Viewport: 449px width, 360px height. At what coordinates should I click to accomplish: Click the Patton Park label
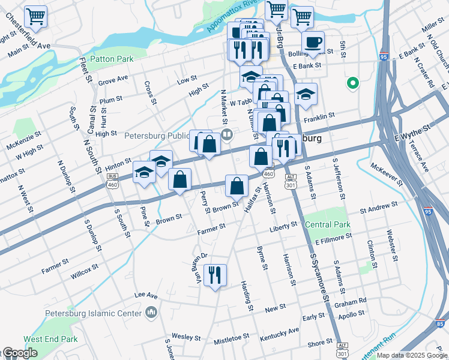(112, 59)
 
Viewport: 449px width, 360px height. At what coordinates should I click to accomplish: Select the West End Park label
(51, 339)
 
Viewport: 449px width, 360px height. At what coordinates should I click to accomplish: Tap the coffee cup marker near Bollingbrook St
(312, 43)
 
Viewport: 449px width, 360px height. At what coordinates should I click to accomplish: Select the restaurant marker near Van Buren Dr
(215, 275)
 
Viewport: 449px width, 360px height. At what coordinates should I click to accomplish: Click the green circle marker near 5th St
(353, 83)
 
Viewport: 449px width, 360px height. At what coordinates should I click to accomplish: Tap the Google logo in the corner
(20, 353)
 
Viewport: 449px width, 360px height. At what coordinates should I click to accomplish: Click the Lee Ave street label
(145, 295)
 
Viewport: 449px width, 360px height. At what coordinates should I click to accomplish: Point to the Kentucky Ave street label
(279, 334)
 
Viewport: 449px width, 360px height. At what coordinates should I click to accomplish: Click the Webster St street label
(393, 247)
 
